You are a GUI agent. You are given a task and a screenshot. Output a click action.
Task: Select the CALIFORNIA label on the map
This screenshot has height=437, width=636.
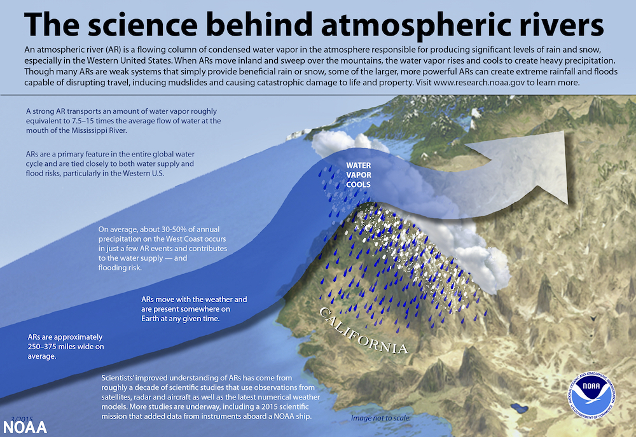(x=363, y=331)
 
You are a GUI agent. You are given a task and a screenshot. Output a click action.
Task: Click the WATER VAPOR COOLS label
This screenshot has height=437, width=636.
(x=358, y=175)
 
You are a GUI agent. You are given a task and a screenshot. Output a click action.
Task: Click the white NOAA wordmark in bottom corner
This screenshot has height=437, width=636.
(x=25, y=427)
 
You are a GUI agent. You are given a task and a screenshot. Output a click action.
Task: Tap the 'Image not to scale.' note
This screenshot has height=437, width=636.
(x=380, y=418)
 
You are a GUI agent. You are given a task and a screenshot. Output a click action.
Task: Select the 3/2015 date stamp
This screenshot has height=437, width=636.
(x=22, y=419)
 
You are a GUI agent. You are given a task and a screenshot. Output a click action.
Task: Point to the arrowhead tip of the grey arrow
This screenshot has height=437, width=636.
(x=567, y=204)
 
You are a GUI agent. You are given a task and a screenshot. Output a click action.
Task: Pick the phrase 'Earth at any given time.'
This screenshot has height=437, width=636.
(x=181, y=319)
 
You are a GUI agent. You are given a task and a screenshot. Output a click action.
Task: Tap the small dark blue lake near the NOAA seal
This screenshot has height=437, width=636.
(x=519, y=407)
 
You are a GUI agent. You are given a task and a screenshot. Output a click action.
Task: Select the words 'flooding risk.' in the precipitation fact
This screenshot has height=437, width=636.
(x=120, y=268)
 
